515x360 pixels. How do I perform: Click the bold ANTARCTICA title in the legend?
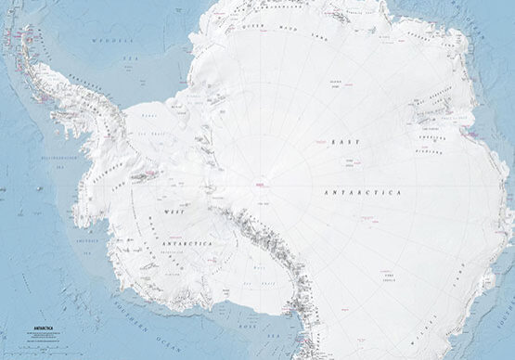44,328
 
